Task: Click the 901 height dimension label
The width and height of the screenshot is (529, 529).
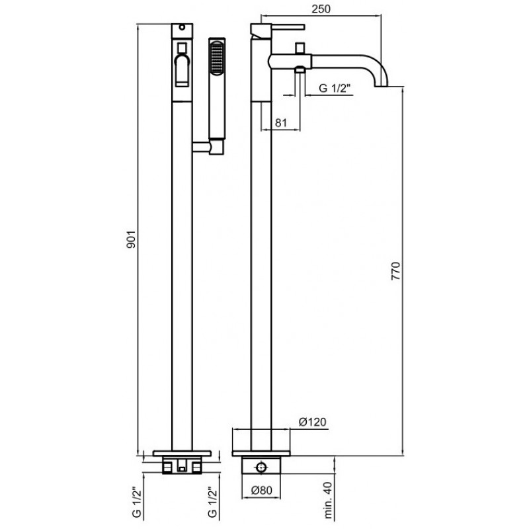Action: pyautogui.click(x=131, y=239)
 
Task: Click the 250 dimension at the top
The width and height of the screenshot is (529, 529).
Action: pyautogui.click(x=321, y=9)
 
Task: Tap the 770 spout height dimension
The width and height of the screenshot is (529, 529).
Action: pyautogui.click(x=395, y=270)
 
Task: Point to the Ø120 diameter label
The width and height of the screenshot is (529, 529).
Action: pyautogui.click(x=313, y=422)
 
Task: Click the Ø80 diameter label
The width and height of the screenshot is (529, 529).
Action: pyautogui.click(x=261, y=490)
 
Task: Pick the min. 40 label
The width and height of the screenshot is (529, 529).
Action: pyautogui.click(x=327, y=500)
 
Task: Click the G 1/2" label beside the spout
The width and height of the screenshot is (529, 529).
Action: pyautogui.click(x=335, y=89)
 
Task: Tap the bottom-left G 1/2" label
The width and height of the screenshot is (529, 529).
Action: pyautogui.click(x=136, y=503)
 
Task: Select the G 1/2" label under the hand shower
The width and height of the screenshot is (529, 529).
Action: pyautogui.click(x=212, y=503)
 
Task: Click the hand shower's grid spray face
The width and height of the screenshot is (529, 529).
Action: pyautogui.click(x=217, y=57)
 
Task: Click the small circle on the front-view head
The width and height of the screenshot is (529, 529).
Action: pyautogui.click(x=183, y=27)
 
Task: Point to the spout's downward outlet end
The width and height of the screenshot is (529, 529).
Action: pyautogui.click(x=382, y=86)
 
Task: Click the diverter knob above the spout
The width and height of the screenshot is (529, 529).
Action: pyautogui.click(x=300, y=47)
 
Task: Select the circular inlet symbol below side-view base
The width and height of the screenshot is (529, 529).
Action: pyautogui.click(x=261, y=468)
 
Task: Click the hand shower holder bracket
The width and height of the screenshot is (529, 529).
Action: pyautogui.click(x=208, y=147)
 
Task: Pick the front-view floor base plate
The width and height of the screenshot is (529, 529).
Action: pyautogui.click(x=183, y=453)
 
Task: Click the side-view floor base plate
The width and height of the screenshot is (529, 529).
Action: pyautogui.click(x=261, y=454)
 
